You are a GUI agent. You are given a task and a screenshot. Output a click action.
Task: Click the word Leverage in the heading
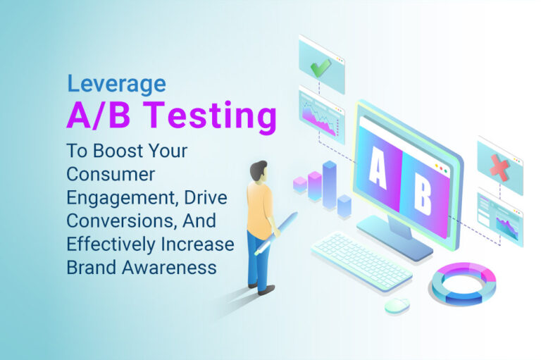click(116, 85)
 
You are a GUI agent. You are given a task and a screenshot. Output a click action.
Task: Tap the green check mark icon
click(321, 66)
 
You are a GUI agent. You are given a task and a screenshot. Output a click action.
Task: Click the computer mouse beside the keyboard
click(397, 304)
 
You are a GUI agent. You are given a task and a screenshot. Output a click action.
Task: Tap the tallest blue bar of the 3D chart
click(329, 185)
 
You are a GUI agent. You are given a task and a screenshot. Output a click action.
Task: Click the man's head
click(259, 171)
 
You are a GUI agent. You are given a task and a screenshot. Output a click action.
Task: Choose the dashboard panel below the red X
click(500, 216)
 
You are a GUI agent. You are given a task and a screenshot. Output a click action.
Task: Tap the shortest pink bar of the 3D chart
click(300, 185)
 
